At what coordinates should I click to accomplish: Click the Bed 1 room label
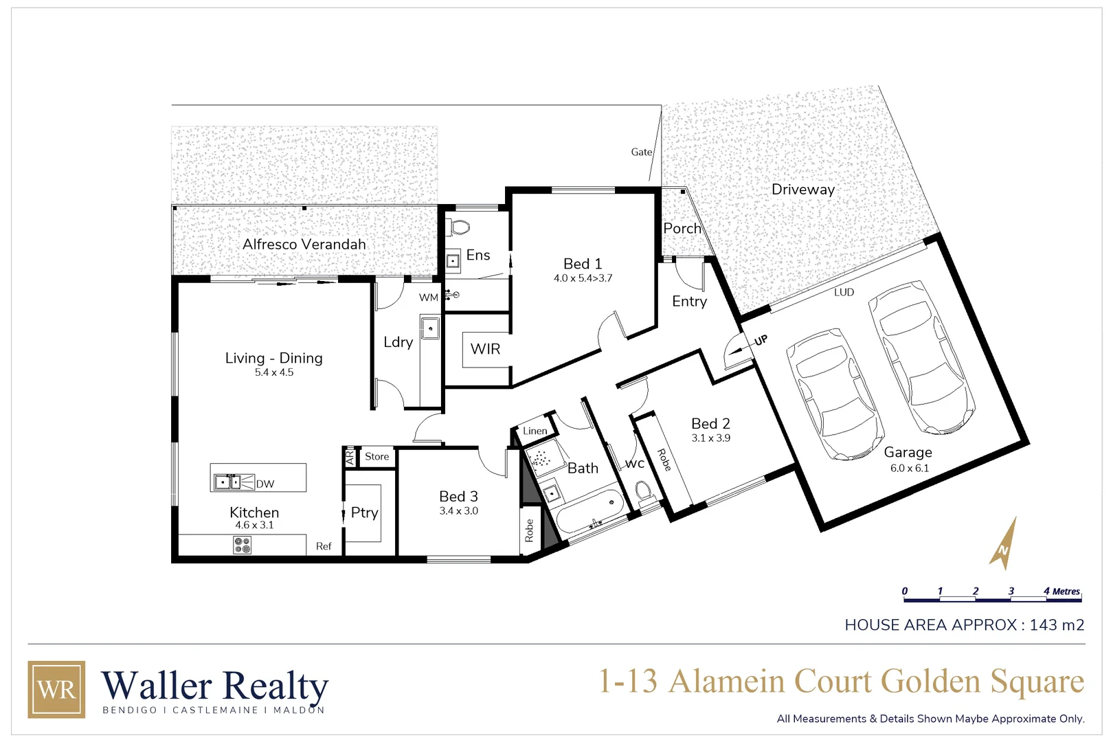click(x=583, y=264)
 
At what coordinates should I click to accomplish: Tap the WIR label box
click(x=486, y=349)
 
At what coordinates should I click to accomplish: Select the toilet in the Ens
click(x=459, y=226)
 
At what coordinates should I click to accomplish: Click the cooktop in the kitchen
click(x=243, y=545)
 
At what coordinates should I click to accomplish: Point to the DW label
click(x=265, y=484)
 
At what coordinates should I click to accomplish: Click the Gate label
click(x=642, y=152)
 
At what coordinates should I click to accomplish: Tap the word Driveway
click(x=802, y=190)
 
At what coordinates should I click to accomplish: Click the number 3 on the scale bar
click(x=1011, y=591)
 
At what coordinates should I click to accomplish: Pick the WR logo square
click(x=56, y=689)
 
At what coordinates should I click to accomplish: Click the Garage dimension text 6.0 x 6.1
click(x=909, y=468)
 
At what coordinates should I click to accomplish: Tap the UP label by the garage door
click(x=761, y=340)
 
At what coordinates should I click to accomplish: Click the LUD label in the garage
click(x=844, y=292)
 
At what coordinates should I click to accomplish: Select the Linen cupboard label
click(x=535, y=431)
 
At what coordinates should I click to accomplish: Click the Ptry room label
click(x=364, y=513)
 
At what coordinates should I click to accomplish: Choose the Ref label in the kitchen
click(x=324, y=546)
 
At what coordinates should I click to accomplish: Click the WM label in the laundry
click(x=429, y=297)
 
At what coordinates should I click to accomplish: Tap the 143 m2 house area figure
click(x=1057, y=625)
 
